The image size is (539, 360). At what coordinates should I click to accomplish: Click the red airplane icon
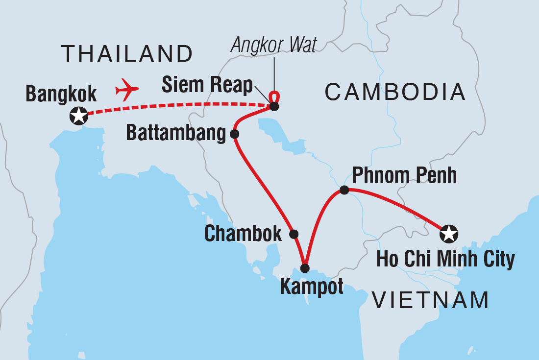(127, 90)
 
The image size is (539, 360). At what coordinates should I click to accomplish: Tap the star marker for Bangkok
(78, 116)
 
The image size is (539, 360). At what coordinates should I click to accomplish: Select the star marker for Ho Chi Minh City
(449, 234)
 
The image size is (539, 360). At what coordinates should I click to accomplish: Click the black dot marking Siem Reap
(274, 106)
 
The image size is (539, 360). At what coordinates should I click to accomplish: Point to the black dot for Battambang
(234, 134)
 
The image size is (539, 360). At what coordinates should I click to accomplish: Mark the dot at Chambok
(294, 234)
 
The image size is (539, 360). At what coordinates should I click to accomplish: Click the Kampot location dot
(305, 268)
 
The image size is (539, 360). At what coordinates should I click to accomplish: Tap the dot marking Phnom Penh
(344, 190)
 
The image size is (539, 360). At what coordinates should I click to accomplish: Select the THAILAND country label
(127, 53)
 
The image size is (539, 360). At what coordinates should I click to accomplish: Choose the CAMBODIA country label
(395, 92)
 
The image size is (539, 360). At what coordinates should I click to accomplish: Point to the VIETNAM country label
(430, 300)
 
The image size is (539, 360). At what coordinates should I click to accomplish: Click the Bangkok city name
(62, 94)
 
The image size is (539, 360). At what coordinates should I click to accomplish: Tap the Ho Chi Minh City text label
(445, 260)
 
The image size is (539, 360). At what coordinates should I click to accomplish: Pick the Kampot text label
(312, 287)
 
